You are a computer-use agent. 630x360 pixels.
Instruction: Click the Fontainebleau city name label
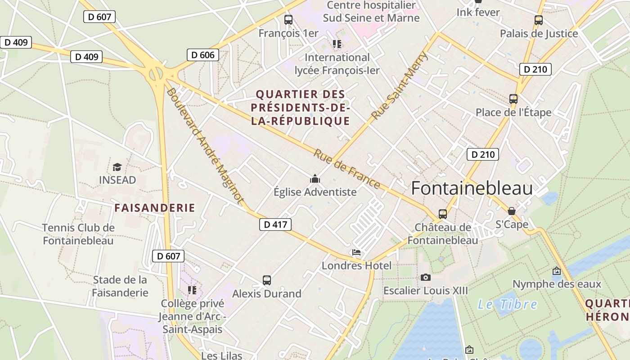(x=472, y=188)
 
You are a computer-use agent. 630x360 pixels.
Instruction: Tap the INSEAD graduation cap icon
(x=117, y=167)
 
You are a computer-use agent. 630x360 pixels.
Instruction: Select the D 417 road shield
(x=275, y=224)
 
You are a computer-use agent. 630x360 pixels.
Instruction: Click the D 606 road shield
(x=203, y=55)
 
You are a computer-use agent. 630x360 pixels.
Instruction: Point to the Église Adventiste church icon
(x=315, y=179)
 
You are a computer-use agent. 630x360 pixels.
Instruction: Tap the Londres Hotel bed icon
(x=356, y=252)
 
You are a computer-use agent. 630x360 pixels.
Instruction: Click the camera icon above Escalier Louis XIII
(x=425, y=277)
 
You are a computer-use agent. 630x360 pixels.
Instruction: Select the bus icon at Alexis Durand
(x=267, y=280)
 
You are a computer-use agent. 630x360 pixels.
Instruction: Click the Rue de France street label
(x=347, y=169)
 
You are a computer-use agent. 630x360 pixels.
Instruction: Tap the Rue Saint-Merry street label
(x=400, y=86)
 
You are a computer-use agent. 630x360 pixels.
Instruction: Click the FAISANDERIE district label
(x=155, y=208)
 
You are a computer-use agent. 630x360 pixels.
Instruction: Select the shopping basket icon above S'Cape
(x=512, y=211)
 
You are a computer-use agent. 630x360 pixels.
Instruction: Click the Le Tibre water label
(x=508, y=305)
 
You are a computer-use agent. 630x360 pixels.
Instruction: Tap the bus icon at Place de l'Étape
(x=513, y=99)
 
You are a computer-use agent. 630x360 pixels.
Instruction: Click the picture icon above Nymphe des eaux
(x=557, y=271)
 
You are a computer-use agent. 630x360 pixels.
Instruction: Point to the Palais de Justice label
(x=539, y=34)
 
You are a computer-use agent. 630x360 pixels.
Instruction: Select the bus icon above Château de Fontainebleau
(x=443, y=214)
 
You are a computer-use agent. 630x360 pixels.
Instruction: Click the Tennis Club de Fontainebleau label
(x=78, y=234)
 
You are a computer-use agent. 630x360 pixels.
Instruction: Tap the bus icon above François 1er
(x=288, y=20)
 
